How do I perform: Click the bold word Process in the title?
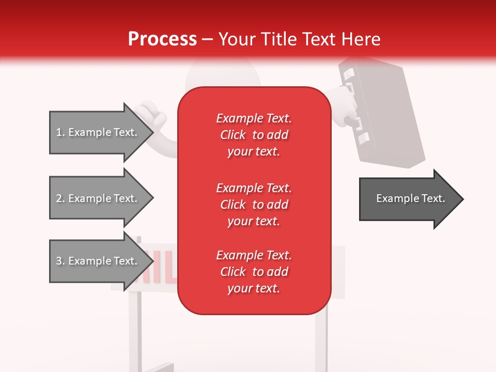[162, 39]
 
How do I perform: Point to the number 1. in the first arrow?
[60, 132]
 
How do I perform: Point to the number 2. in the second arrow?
[60, 198]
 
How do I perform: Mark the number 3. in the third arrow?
[60, 261]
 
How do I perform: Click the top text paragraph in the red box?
[254, 135]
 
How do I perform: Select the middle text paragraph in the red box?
[254, 205]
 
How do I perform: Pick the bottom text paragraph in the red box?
[254, 272]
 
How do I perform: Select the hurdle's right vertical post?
[321, 336]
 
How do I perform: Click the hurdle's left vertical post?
[134, 331]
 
